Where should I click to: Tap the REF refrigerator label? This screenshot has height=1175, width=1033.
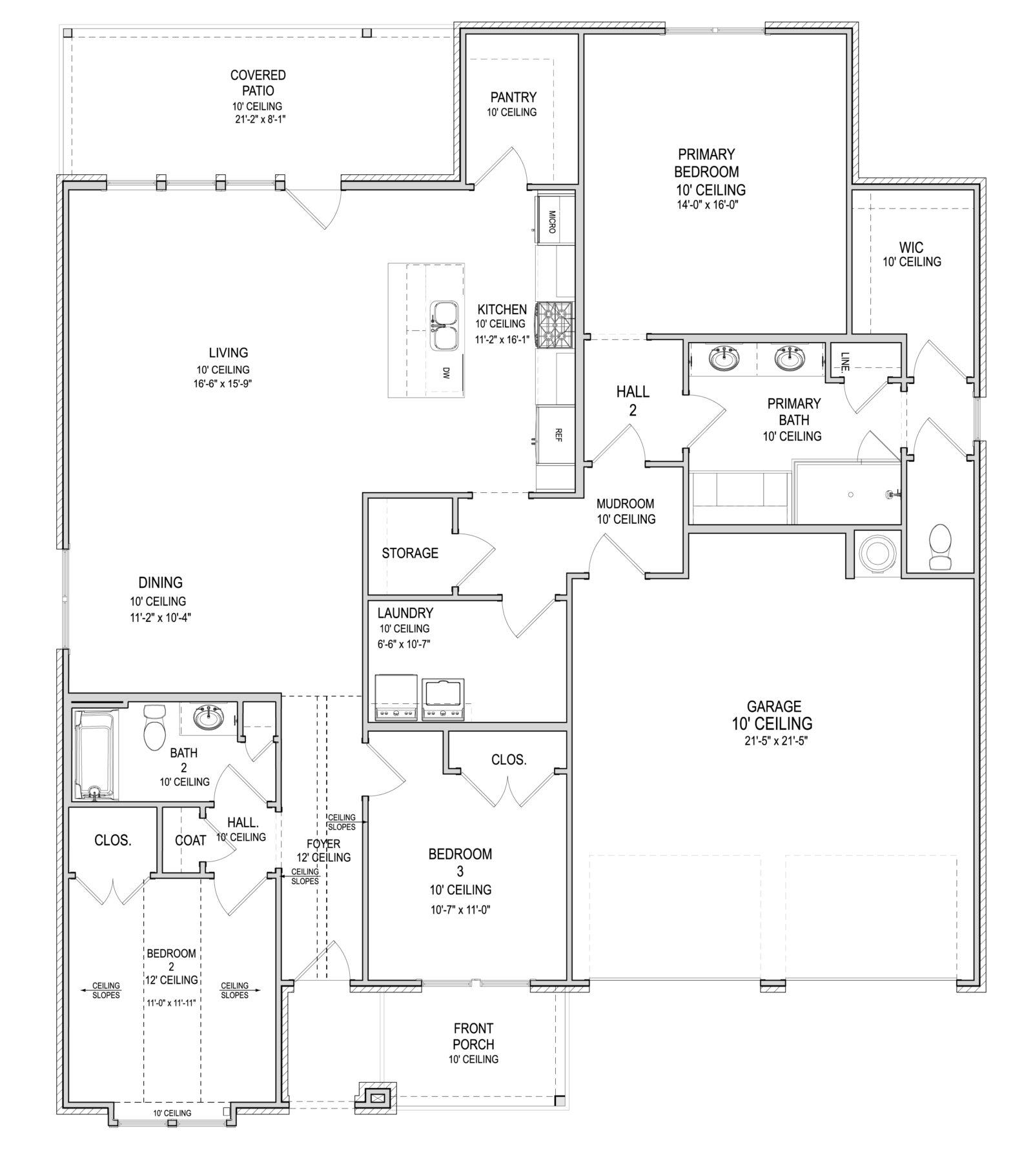(x=558, y=435)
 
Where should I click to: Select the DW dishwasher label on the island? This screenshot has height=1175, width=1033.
(x=445, y=372)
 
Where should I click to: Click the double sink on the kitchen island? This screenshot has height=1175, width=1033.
(x=444, y=325)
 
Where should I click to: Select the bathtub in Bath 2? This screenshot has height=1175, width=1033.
(x=95, y=754)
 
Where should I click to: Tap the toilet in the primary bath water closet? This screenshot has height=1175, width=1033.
(x=939, y=547)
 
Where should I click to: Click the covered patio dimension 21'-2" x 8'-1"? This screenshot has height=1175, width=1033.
(x=258, y=119)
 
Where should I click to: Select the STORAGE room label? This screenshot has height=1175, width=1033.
(x=409, y=553)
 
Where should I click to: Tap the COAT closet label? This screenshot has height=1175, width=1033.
(x=190, y=840)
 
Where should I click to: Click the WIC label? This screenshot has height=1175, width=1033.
(x=911, y=247)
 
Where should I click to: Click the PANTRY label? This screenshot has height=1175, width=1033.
(x=513, y=97)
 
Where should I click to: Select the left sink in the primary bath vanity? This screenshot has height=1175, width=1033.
(x=722, y=357)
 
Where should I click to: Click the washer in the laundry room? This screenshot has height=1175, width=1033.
(x=396, y=698)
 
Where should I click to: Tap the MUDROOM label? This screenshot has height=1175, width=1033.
(x=625, y=503)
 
